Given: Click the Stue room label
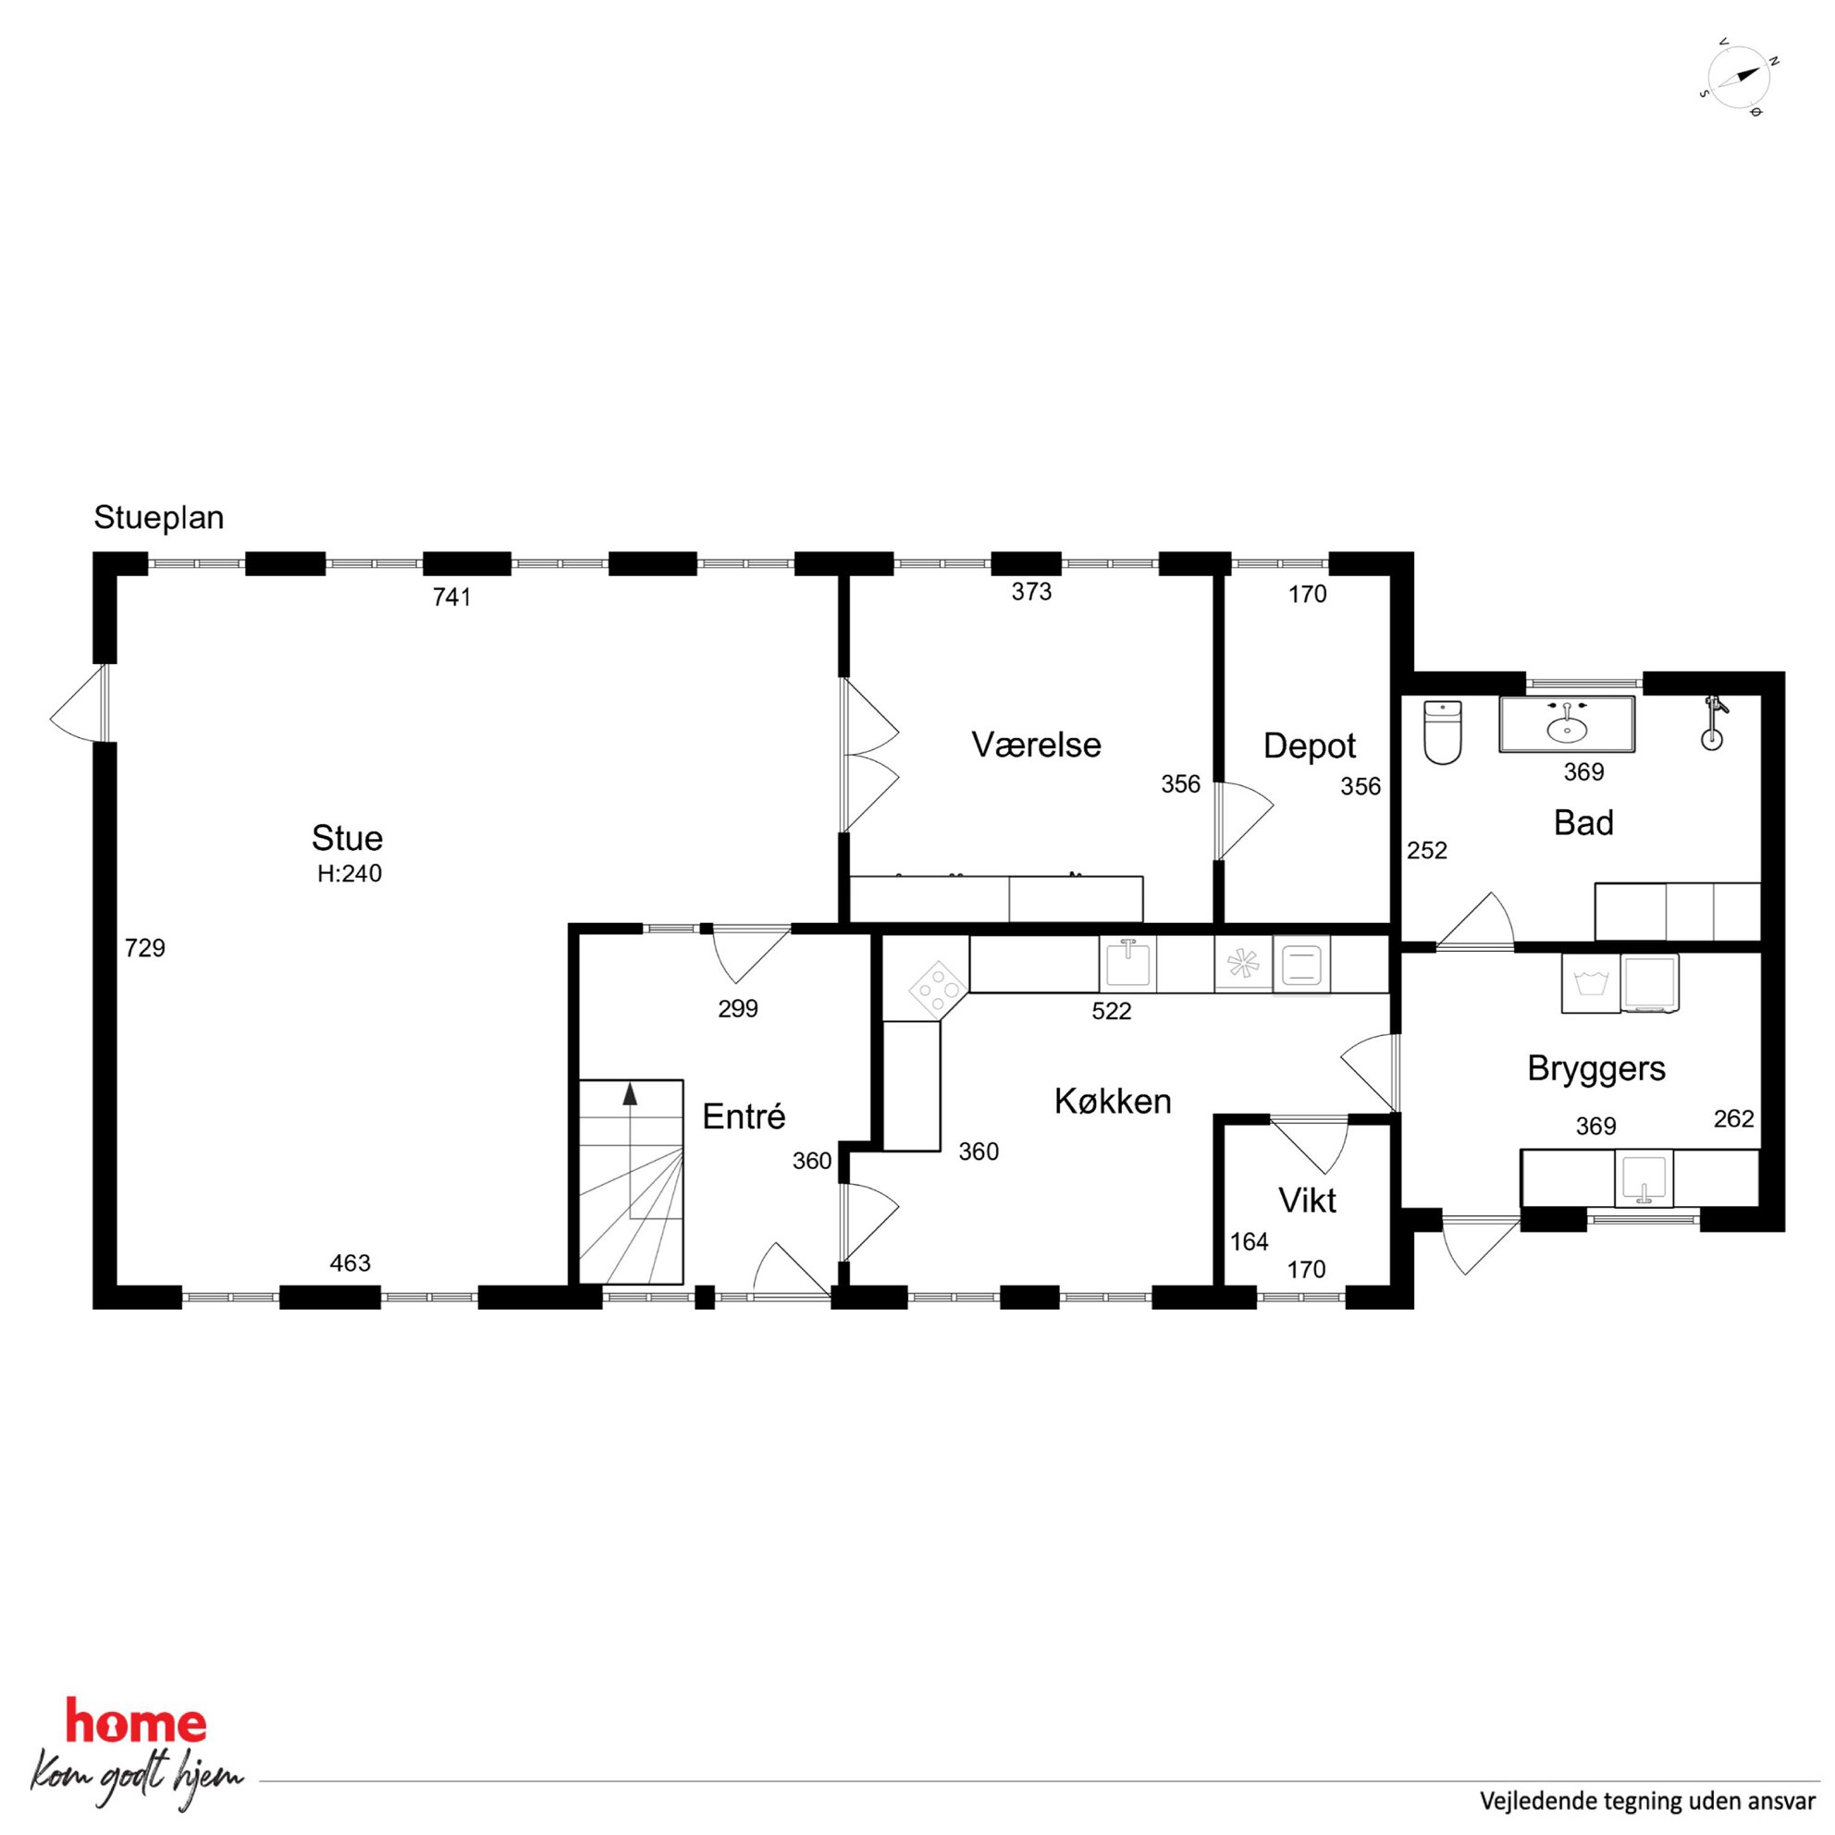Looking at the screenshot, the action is pyautogui.click(x=347, y=838).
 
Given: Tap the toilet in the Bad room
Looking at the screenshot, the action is pyautogui.click(x=1442, y=733).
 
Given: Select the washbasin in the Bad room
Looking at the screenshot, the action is pyautogui.click(x=1566, y=725).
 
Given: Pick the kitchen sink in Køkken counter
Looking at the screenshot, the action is pyautogui.click(x=1127, y=964).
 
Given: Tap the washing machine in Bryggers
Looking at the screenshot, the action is pyautogui.click(x=1591, y=983).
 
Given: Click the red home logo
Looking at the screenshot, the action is pyautogui.click(x=135, y=1723).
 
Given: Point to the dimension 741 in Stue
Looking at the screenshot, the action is pyautogui.click(x=452, y=597).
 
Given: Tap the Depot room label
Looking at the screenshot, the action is pyautogui.click(x=1309, y=745).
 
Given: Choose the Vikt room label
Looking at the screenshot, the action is pyautogui.click(x=1308, y=1200).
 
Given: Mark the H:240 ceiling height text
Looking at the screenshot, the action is pyautogui.click(x=350, y=873).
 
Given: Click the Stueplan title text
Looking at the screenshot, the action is pyautogui.click(x=158, y=518).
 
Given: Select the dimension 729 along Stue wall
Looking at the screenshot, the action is pyautogui.click(x=145, y=947).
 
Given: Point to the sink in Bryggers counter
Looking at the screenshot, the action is pyautogui.click(x=1644, y=1177).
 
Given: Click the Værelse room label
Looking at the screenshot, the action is pyautogui.click(x=1036, y=745).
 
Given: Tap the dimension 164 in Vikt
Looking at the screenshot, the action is pyautogui.click(x=1249, y=1241).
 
